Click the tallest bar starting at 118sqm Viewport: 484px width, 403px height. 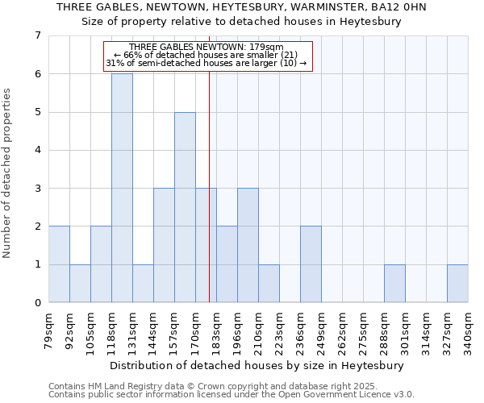tap(122, 188)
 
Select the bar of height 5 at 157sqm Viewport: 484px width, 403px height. tap(185, 207)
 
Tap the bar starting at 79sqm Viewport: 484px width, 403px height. tap(59, 264)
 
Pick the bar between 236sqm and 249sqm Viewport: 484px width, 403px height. tap(311, 264)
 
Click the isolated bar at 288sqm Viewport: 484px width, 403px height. tap(394, 284)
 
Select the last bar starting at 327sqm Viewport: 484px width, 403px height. tap(457, 284)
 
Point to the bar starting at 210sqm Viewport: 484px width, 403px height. tap(269, 284)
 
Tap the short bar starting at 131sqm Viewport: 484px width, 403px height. tap(143, 284)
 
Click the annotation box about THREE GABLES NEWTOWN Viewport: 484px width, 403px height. tap(207, 55)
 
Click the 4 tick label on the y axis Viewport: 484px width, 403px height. tap(37, 150)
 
